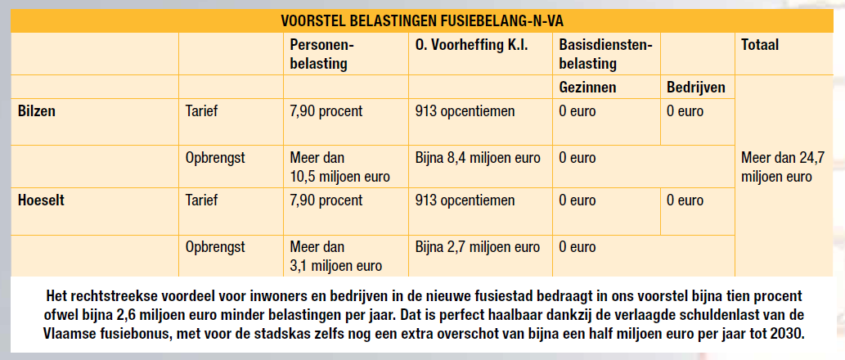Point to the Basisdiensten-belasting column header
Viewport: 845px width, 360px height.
point(605,54)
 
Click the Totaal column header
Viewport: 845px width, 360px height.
point(759,46)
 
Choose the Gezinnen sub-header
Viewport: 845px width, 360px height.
point(587,87)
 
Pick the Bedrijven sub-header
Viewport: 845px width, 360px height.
point(695,87)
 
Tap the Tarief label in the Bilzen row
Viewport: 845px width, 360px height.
point(202,111)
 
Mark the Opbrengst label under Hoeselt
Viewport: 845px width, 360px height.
point(215,246)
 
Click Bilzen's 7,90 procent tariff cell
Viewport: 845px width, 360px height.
point(326,111)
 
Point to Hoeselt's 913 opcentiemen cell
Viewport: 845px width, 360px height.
point(465,200)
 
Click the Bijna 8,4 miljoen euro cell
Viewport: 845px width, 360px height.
point(478,158)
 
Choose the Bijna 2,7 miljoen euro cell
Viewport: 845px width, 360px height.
point(478,246)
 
